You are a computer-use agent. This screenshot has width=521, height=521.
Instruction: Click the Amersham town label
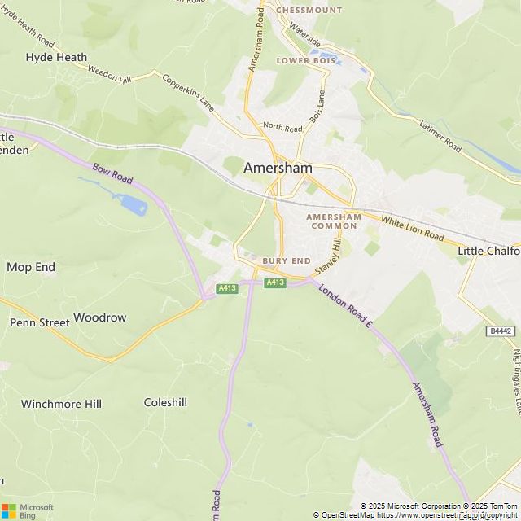278,168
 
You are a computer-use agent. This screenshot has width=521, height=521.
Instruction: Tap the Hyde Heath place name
56,58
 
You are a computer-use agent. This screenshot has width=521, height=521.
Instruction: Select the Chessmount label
309,11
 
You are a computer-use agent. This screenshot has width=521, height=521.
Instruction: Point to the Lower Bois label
305,61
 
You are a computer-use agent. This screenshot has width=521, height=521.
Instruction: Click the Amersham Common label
333,221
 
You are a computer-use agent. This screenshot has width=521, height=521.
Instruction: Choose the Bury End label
287,260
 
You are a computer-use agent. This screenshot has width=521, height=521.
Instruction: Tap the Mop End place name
31,267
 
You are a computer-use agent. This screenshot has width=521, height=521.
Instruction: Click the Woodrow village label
100,317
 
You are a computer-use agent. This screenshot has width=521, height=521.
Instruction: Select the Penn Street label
40,323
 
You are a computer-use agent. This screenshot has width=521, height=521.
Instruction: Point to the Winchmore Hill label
61,404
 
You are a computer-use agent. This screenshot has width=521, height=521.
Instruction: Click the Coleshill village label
165,402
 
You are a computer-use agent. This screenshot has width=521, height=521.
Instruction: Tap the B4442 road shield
501,331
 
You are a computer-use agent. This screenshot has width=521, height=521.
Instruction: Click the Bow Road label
112,173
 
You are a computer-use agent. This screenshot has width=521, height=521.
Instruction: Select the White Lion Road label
413,230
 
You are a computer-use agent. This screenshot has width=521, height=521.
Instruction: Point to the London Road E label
345,307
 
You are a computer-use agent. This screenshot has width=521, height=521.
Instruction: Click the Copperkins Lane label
188,94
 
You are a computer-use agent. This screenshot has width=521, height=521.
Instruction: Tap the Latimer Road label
440,137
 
